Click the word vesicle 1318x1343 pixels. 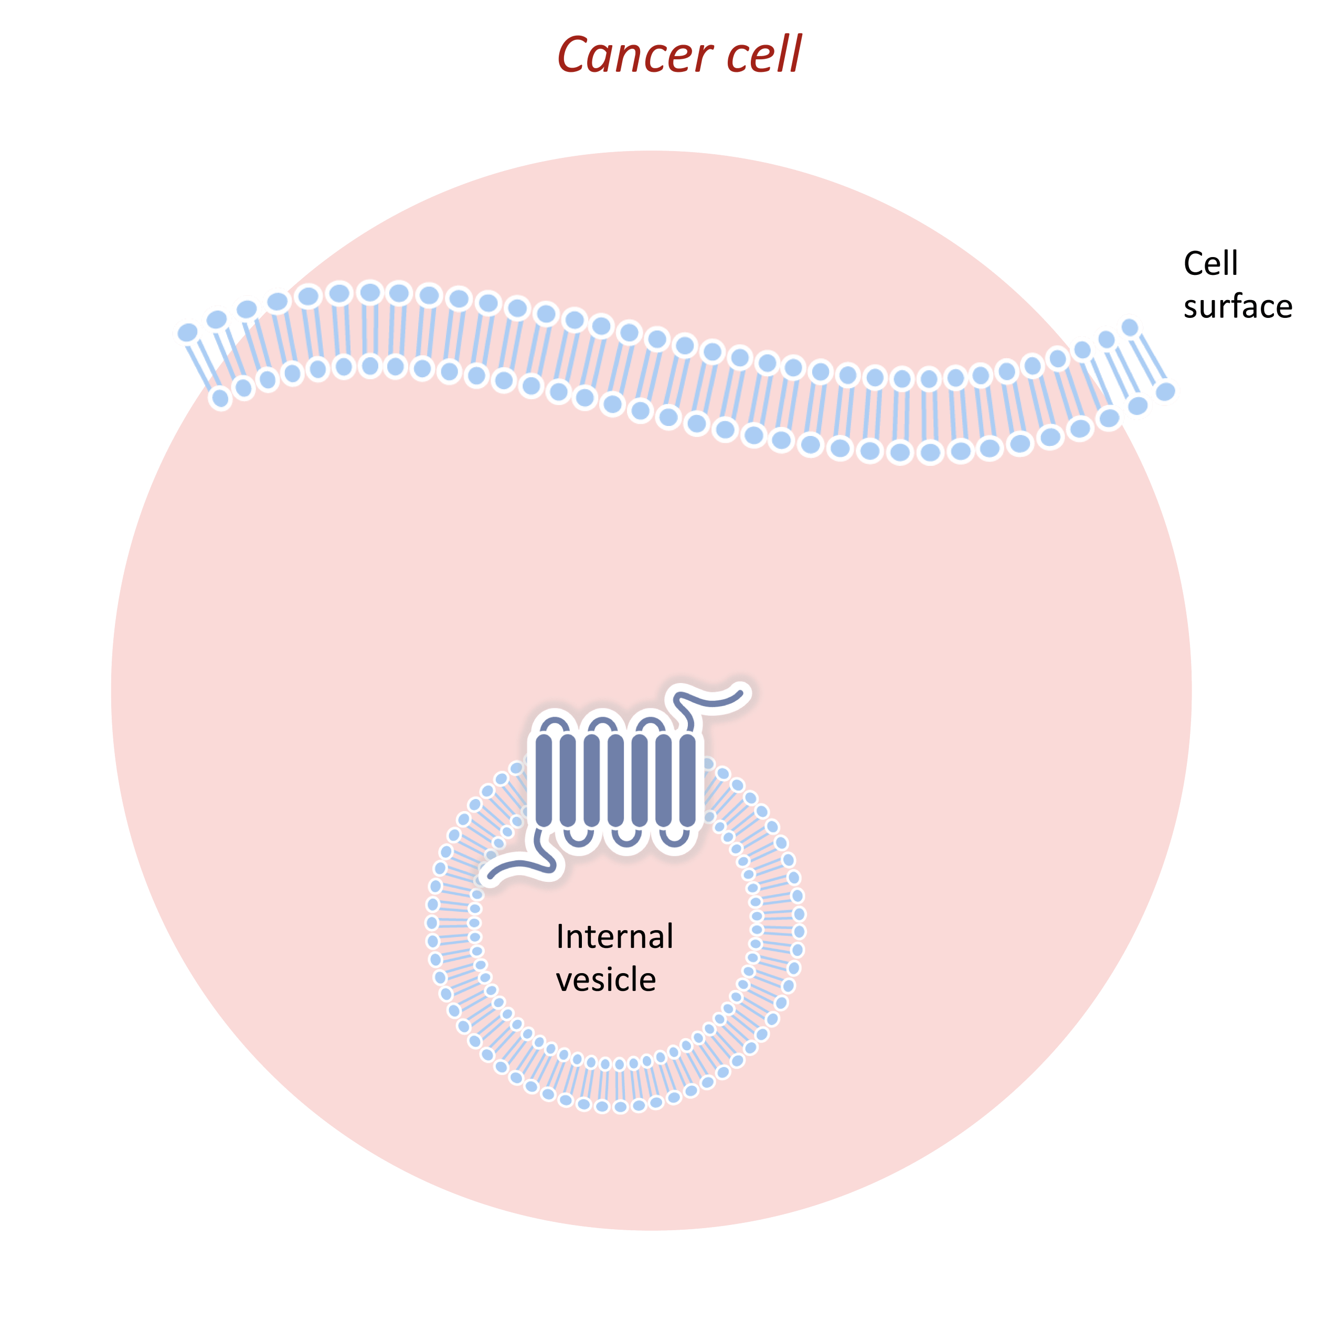[605, 979]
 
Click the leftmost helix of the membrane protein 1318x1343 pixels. [544, 780]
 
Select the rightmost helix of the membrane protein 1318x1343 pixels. [687, 780]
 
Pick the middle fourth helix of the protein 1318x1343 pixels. [616, 780]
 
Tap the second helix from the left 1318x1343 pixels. [568, 780]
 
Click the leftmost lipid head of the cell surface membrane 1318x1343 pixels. [188, 332]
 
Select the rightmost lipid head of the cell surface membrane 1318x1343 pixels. [1166, 392]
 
